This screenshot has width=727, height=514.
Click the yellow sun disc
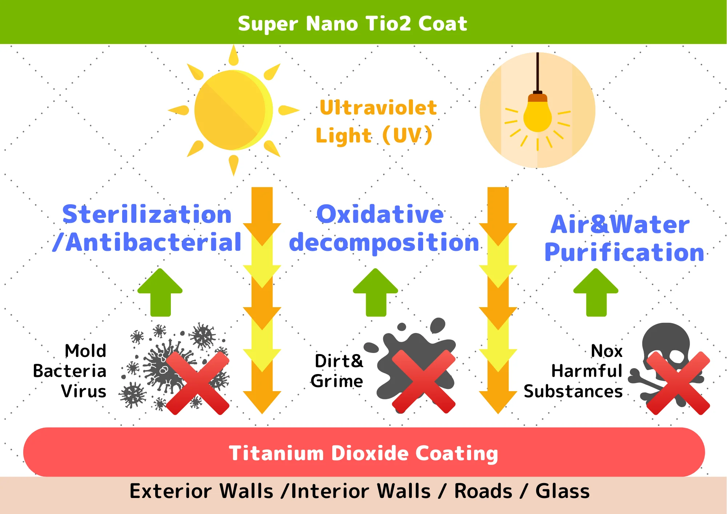click(233, 110)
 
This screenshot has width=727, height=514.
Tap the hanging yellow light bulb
click(537, 116)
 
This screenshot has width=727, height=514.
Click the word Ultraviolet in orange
click(378, 108)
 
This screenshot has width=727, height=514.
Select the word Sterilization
click(147, 214)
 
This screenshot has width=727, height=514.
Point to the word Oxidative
click(380, 214)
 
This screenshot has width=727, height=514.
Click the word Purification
click(624, 252)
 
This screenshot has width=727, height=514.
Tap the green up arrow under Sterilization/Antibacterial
click(160, 293)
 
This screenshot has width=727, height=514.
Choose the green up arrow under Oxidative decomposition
click(375, 293)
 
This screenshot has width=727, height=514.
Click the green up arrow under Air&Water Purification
click(596, 293)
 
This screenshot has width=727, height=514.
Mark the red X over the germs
click(198, 383)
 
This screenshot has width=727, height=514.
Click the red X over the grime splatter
click(423, 382)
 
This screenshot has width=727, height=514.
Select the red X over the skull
click(678, 383)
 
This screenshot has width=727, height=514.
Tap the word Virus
click(84, 391)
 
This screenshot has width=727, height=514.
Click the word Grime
click(337, 381)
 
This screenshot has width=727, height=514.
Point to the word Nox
click(607, 351)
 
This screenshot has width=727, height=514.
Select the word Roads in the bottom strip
click(483, 491)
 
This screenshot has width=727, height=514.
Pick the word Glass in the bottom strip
click(562, 491)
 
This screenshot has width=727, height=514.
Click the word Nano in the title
click(332, 24)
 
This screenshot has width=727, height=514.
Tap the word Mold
click(85, 351)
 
